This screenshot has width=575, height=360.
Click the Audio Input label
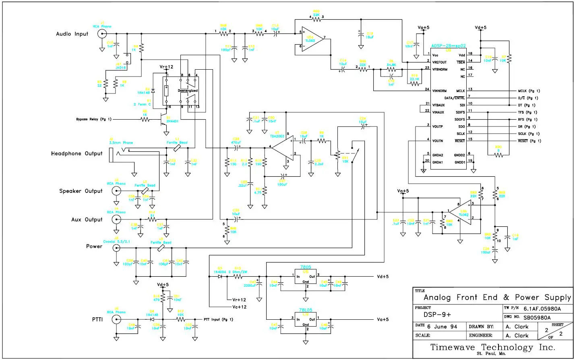pos(72,34)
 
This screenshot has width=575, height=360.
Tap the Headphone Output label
pos(77,153)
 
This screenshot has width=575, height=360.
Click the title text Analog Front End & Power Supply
pos(497,298)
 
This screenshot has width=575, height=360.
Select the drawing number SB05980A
pos(542,317)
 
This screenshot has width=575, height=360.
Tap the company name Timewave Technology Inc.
pos(493,347)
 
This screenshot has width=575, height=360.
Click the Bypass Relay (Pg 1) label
pos(93,119)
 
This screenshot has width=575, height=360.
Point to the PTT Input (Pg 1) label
pos(219,319)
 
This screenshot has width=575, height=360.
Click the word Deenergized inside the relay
pos(188,91)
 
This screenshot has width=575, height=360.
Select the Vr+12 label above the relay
pos(167,67)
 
